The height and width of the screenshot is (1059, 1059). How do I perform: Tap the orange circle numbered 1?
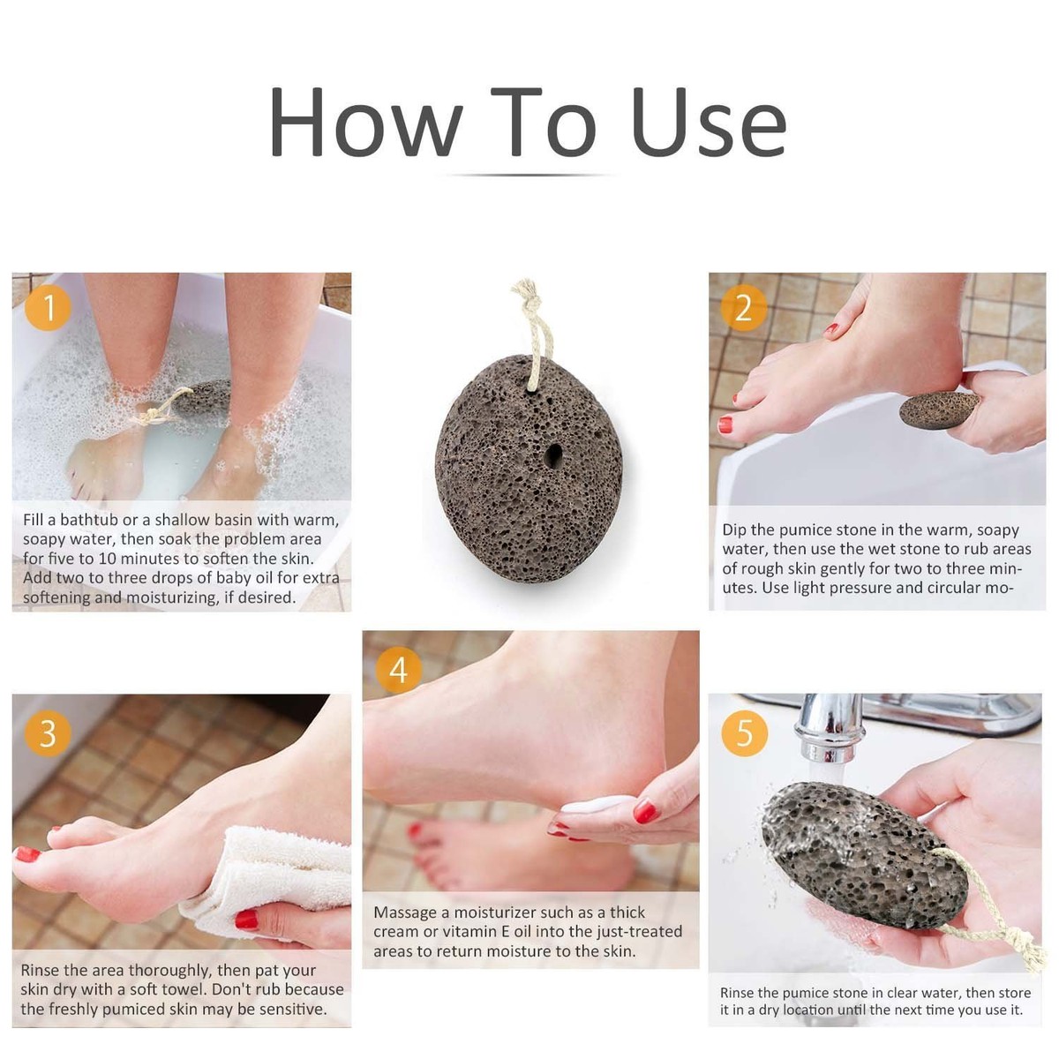point(48,308)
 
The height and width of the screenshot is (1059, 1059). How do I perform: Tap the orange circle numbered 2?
point(743,308)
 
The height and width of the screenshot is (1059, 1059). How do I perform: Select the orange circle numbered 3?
point(48,732)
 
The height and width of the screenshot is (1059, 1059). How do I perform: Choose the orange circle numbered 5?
point(744,732)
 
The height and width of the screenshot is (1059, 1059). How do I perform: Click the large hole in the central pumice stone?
point(553,455)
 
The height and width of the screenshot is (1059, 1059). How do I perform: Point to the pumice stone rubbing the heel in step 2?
point(938,409)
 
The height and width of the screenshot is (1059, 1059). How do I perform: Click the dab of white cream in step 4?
point(596,805)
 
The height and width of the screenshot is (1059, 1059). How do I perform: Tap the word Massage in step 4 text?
point(405,913)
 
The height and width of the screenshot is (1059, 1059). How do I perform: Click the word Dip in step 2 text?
point(734,530)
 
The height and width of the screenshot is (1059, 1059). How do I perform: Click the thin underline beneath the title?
point(529,175)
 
